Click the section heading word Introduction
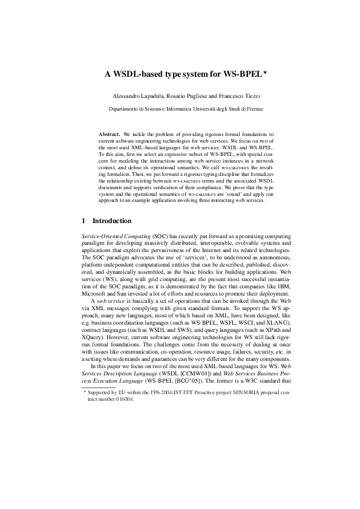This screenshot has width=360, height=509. coord(112,221)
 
